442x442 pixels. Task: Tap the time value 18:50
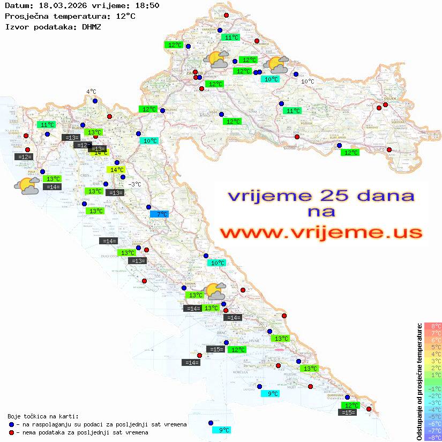(x=147, y=6)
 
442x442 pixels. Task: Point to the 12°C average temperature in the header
(x=125, y=16)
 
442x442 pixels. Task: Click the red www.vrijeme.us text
(x=320, y=233)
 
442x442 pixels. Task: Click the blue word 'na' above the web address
(x=321, y=212)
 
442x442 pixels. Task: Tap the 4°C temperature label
(x=91, y=92)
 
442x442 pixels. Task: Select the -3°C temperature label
(x=135, y=184)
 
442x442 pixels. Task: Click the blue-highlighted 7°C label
(x=159, y=214)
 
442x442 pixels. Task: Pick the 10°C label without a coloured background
(x=308, y=81)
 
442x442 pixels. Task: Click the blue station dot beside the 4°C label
(x=95, y=101)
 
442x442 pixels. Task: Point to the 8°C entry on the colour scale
(x=433, y=326)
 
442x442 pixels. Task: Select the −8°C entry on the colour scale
(x=433, y=437)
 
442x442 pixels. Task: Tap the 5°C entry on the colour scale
(x=433, y=347)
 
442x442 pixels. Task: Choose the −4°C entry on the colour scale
(x=433, y=409)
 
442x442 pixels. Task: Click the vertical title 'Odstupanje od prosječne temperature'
(x=419, y=381)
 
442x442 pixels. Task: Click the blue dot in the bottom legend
(x=11, y=424)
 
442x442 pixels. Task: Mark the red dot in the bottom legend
(x=11, y=432)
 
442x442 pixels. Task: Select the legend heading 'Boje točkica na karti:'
(x=43, y=416)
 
